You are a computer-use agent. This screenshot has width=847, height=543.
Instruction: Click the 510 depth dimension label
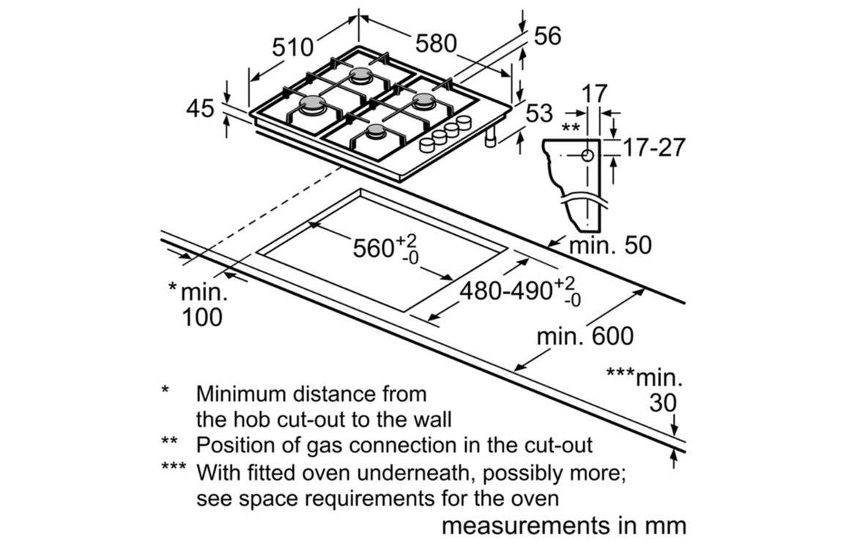(x=293, y=48)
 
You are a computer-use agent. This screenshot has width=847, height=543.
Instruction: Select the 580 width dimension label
(x=437, y=43)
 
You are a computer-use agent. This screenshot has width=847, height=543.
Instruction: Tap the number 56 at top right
(x=547, y=36)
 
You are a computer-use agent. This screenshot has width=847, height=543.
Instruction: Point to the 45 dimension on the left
(x=201, y=109)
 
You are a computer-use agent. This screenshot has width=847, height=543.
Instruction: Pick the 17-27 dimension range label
(x=654, y=147)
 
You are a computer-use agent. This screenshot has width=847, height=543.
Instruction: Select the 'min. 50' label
(x=610, y=245)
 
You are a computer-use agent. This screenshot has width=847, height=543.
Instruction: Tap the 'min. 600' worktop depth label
(x=585, y=337)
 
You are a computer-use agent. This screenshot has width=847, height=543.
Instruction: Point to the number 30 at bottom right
(x=663, y=402)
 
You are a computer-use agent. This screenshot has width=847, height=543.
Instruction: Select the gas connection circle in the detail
(x=588, y=154)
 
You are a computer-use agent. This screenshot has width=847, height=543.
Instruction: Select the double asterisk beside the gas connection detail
(x=570, y=127)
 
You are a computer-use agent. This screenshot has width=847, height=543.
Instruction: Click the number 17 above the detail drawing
(x=595, y=94)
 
